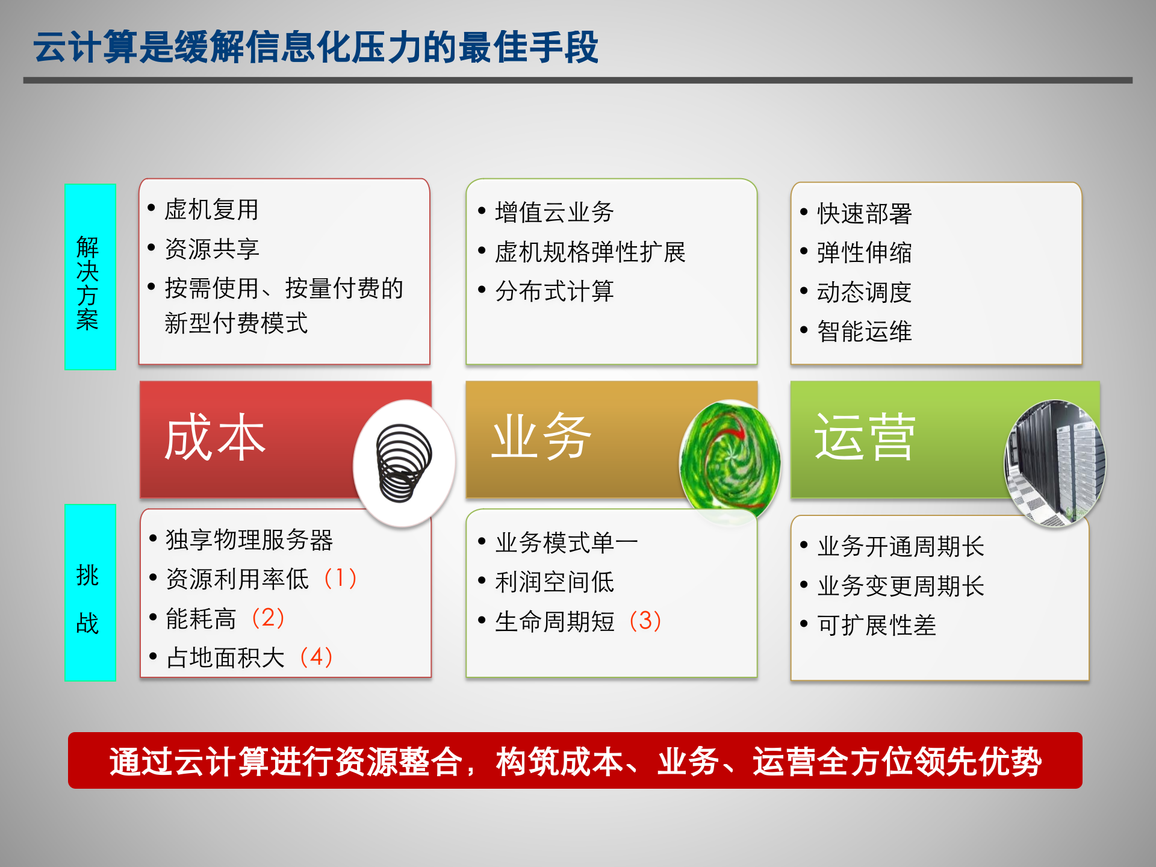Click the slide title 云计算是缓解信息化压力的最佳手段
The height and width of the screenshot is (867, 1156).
315,47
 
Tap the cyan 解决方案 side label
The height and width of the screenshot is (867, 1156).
90,277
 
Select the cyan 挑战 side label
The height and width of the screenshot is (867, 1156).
90,593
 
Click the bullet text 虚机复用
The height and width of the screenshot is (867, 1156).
211,210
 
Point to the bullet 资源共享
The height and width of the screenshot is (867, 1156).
212,249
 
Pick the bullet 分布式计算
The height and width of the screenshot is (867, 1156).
554,291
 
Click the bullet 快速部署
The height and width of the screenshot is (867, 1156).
864,214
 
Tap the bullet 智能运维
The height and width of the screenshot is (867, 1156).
864,332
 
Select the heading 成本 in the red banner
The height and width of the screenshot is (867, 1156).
215,438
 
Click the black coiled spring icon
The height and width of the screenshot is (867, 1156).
403,463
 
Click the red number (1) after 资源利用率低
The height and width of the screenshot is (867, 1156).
340,579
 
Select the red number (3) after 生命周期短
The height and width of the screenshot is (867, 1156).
645,621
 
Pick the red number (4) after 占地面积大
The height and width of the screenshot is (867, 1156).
316,657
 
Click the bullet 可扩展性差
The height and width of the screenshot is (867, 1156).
877,626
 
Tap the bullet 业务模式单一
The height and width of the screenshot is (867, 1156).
566,543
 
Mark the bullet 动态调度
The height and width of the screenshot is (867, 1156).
864,293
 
